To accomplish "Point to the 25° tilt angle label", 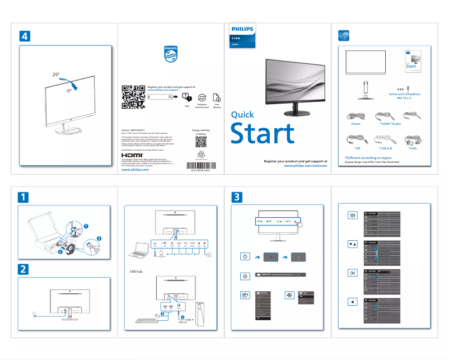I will coord(55,74).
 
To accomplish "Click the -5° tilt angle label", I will coord(68,90).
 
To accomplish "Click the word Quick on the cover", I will coord(242,115).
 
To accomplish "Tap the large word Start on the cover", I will coord(263,134).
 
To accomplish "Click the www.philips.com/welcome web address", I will coord(305,166).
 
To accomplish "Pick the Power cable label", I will coord(356,124).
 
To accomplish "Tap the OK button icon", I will coord(352,273).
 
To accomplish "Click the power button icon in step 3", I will coord(245,256).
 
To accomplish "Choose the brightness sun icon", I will coord(245,275).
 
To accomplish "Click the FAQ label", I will coord(186,105).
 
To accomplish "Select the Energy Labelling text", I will coord(200,129).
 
